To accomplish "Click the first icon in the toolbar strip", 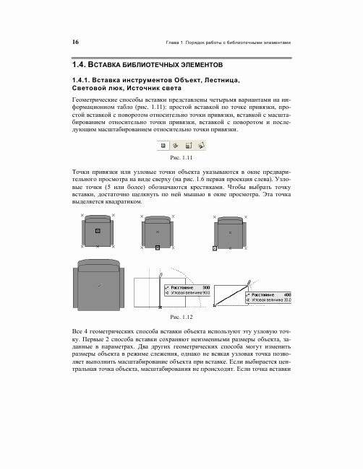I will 163,146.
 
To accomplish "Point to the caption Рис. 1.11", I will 180,157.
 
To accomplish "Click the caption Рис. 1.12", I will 180,317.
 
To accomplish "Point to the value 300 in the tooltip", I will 205,286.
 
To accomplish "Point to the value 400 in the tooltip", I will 286,295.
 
